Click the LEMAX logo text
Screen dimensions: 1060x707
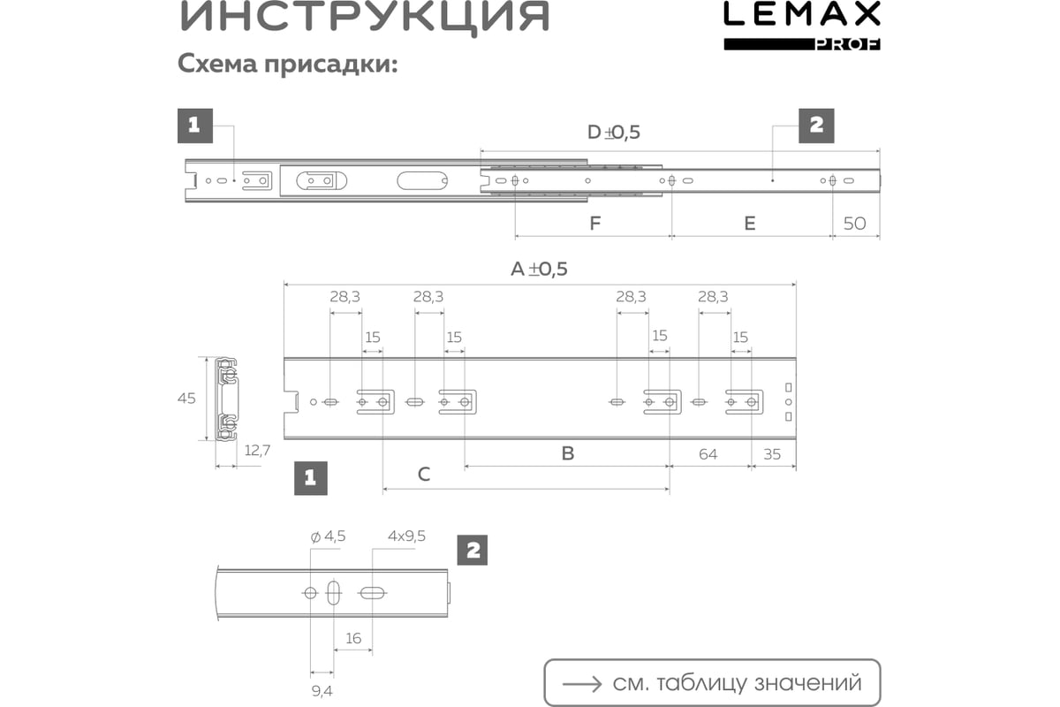tap(802, 13)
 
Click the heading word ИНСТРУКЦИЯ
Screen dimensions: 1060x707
tap(364, 16)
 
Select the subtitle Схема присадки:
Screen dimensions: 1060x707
tap(288, 64)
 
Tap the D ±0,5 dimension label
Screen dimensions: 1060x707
tap(614, 132)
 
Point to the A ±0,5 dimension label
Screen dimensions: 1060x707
tap(539, 269)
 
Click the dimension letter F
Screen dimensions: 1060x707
tap(594, 223)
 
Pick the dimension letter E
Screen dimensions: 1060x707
tap(750, 223)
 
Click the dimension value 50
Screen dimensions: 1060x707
tap(855, 223)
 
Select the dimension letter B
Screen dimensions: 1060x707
tap(568, 453)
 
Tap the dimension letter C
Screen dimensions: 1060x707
tap(424, 474)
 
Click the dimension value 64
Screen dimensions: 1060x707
tap(708, 454)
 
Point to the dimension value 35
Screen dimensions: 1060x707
tap(772, 454)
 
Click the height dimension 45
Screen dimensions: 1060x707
tap(186, 399)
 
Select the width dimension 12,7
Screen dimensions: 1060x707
tap(257, 451)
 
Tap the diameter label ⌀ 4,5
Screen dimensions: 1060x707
tap(328, 536)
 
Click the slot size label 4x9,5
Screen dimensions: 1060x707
tap(406, 536)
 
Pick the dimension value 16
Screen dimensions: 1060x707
tap(353, 638)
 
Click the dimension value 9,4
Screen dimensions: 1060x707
tap(322, 691)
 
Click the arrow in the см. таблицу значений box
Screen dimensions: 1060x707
tap(582, 684)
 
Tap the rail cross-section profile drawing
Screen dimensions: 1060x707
tap(227, 399)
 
